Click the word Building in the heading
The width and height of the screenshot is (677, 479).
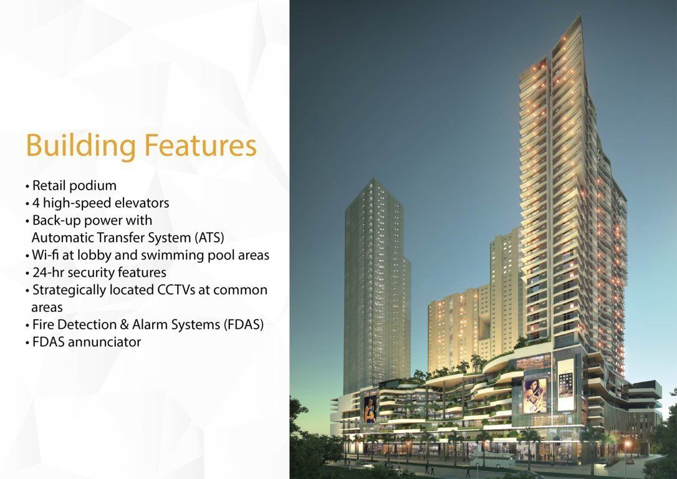(x=81, y=146)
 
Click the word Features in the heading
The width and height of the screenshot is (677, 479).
(x=200, y=145)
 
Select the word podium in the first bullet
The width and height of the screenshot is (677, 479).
(x=93, y=186)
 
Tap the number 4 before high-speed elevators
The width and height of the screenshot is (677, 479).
(x=36, y=203)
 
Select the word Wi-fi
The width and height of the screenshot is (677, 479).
(x=46, y=255)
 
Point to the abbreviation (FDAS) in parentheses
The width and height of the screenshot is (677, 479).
(x=244, y=325)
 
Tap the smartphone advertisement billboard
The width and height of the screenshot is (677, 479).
(x=565, y=385)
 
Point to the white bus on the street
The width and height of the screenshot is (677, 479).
(x=492, y=460)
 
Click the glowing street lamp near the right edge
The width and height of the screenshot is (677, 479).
(x=627, y=443)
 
